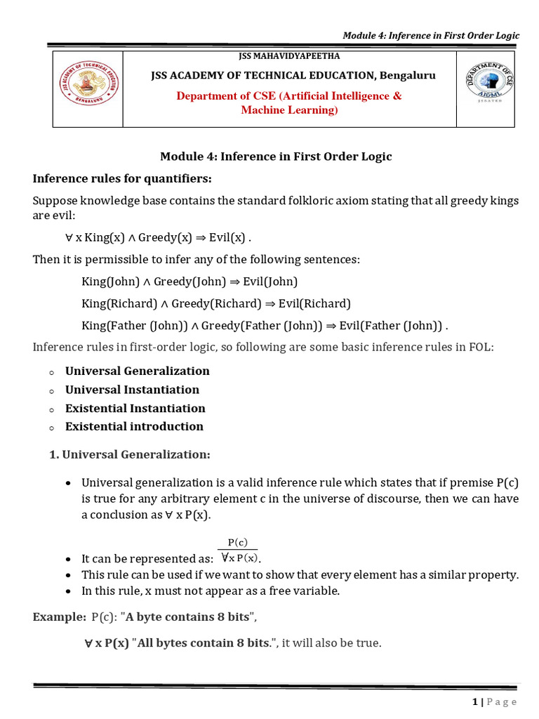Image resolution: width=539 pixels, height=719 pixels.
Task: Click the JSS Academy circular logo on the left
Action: [88, 88]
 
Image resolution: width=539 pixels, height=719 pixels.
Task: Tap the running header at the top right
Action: [430, 36]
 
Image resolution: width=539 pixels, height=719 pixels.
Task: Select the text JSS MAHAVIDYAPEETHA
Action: [290, 56]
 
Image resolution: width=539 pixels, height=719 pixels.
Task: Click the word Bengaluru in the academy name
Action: [408, 75]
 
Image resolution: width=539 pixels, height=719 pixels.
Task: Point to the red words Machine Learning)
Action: [289, 110]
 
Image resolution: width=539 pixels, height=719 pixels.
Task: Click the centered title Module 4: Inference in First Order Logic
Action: [276, 157]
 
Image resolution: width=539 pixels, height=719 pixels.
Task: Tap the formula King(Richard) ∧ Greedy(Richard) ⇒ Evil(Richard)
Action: [215, 304]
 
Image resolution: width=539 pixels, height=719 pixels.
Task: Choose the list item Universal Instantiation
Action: [132, 390]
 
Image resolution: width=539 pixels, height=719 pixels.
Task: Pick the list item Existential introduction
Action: [134, 427]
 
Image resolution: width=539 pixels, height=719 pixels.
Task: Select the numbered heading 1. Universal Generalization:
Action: [130, 455]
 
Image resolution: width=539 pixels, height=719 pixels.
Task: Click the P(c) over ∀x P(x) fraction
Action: [238, 551]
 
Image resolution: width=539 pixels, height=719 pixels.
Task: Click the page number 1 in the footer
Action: [475, 701]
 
